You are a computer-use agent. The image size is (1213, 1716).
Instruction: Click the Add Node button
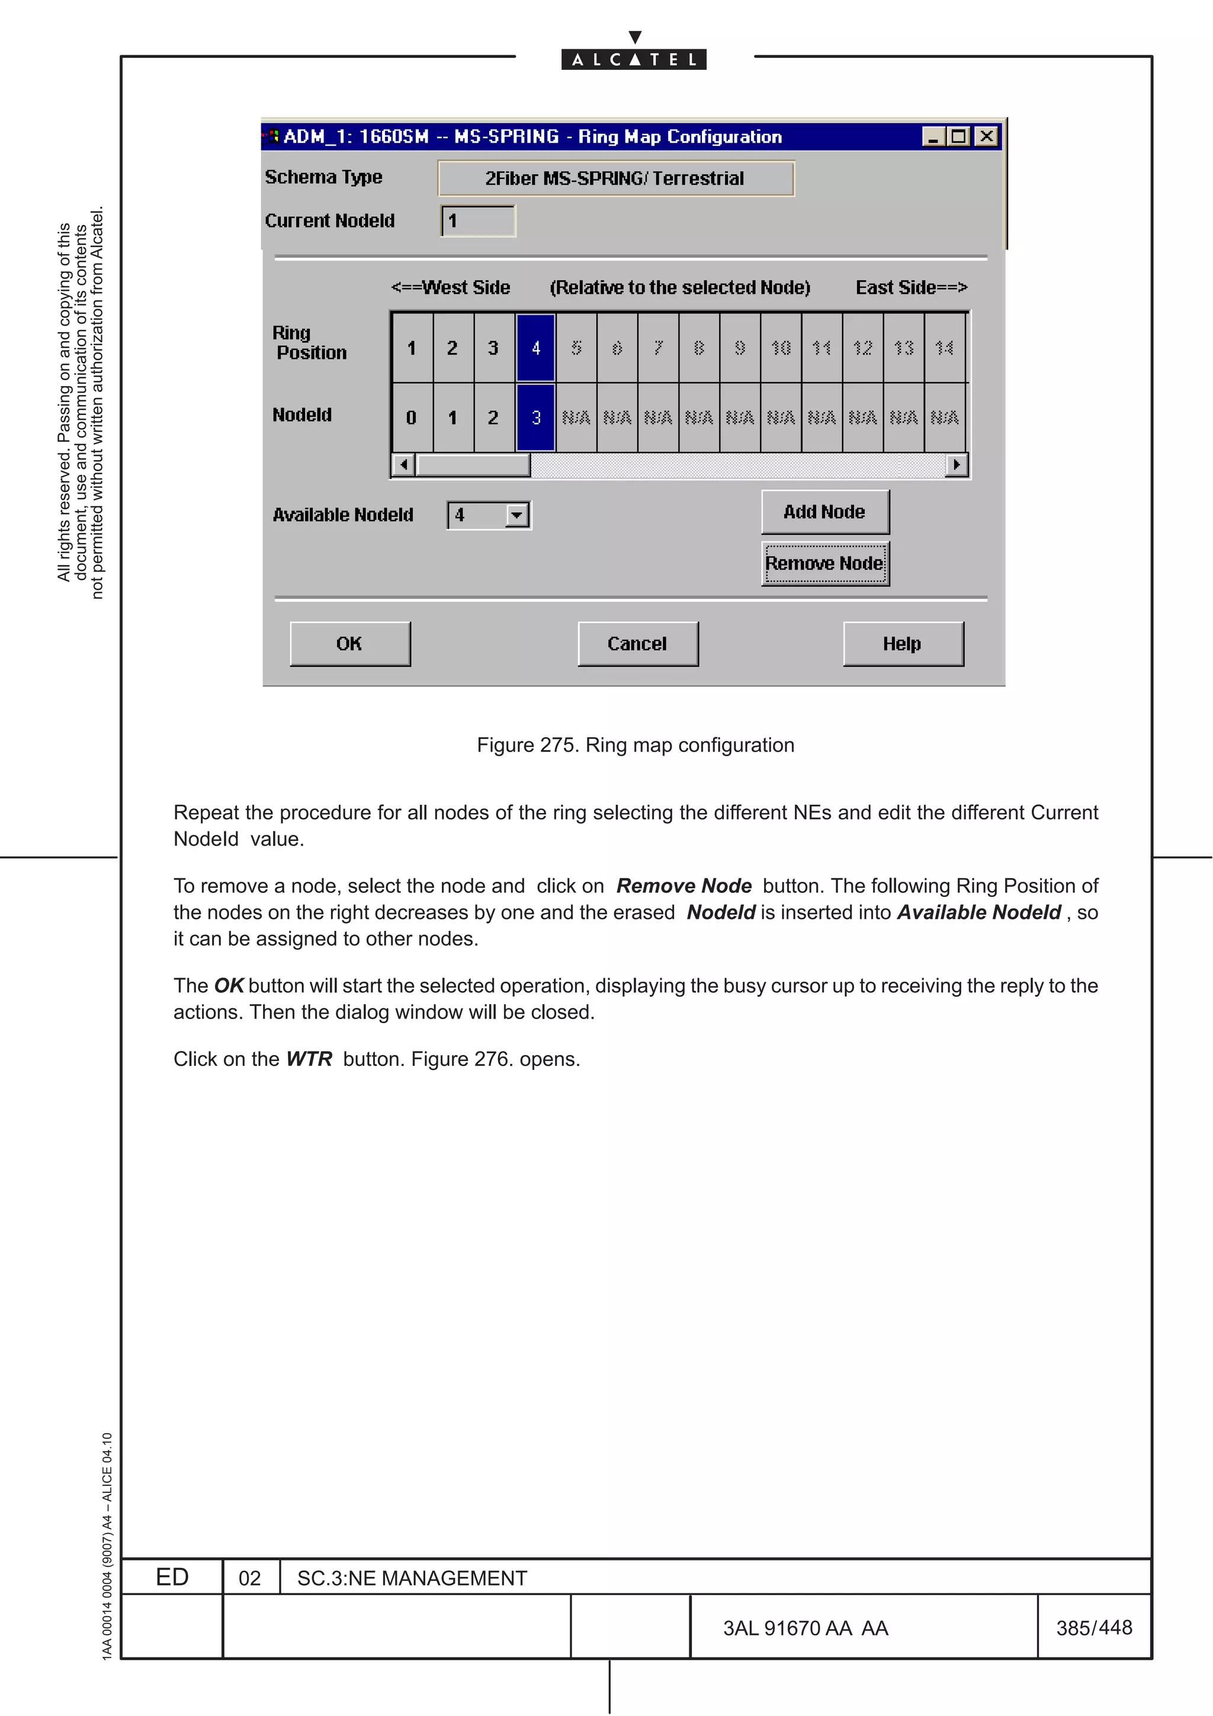click(x=824, y=512)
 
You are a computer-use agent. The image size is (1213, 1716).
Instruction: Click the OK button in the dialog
click(x=350, y=644)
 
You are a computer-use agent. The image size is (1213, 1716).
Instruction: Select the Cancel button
click(x=637, y=644)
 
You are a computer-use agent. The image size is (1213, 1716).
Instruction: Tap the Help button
click(x=903, y=644)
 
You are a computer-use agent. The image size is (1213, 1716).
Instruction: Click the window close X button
click(x=987, y=136)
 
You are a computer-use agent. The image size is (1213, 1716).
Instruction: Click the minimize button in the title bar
click(x=933, y=136)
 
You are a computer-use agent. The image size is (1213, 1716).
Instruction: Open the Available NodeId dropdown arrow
click(x=516, y=515)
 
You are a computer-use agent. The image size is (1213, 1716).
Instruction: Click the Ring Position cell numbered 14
click(x=944, y=348)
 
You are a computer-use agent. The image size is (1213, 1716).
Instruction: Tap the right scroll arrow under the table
click(x=957, y=465)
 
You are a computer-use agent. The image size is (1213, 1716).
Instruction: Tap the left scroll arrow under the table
click(x=403, y=465)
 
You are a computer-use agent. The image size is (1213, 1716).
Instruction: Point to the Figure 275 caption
click(x=636, y=745)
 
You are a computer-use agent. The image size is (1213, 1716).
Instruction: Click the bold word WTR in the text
click(x=309, y=1059)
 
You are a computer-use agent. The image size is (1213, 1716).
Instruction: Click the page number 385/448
click(x=1093, y=1628)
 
